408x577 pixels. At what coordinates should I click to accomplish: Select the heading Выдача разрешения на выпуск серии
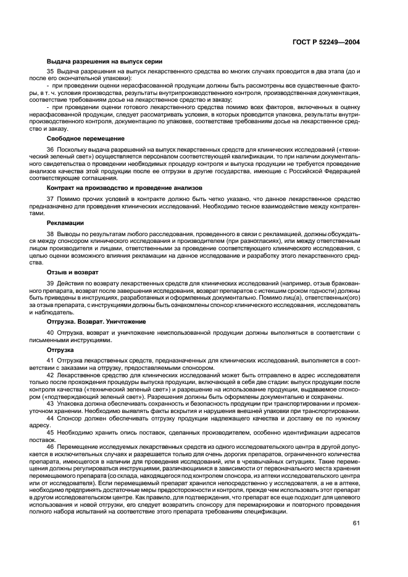pos(104,62)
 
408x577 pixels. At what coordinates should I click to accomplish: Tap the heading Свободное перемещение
pos(81,139)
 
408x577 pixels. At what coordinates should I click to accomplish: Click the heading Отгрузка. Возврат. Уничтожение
pos(96,321)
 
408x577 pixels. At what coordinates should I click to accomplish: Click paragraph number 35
pos(51,73)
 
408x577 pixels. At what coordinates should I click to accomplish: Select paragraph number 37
pos(51,198)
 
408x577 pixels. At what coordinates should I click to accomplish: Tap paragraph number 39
pos(51,283)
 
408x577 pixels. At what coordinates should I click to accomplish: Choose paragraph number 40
pos(51,332)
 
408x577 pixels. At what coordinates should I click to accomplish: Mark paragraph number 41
pos(51,359)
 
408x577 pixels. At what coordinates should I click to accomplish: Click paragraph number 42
pos(51,374)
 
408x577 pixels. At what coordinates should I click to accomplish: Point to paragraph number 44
pos(51,417)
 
